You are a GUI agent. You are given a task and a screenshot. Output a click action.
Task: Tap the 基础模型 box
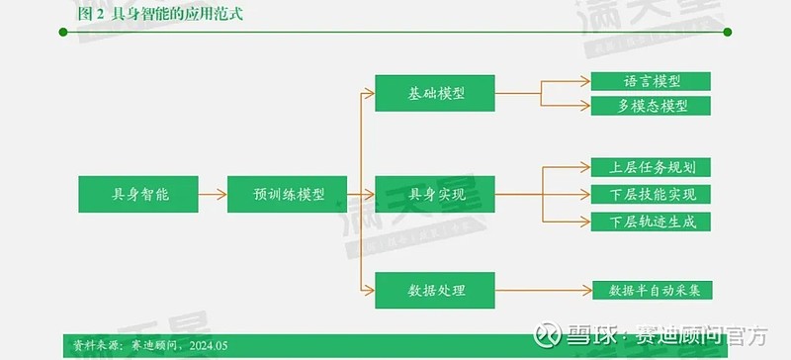(x=436, y=93)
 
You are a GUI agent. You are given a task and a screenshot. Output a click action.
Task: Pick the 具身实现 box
(x=436, y=195)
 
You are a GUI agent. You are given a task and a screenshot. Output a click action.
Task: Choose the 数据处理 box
(x=436, y=290)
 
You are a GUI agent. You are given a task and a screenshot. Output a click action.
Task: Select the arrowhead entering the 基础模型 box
(x=371, y=93)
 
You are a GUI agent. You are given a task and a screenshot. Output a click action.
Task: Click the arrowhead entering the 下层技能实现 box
(x=586, y=194)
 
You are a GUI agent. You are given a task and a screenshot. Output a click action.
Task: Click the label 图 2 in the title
(x=90, y=14)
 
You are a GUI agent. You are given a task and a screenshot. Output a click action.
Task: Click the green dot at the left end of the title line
(x=63, y=33)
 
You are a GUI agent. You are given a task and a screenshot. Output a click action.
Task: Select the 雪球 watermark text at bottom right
(x=589, y=334)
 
